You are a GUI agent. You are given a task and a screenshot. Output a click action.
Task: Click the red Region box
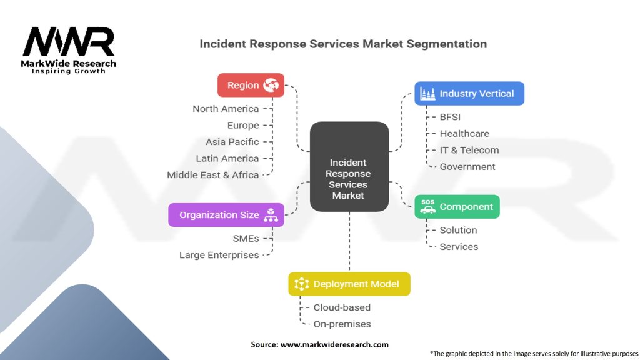click(251, 85)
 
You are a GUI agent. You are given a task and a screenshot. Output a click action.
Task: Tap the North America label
click(226, 109)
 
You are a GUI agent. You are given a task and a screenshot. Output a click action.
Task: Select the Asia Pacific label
click(232, 142)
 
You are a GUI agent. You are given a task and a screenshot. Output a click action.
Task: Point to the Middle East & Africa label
click(212, 175)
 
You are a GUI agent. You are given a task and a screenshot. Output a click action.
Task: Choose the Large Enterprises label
click(219, 255)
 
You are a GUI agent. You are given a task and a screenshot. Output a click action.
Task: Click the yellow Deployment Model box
click(349, 284)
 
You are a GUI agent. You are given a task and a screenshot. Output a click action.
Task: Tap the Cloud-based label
click(342, 307)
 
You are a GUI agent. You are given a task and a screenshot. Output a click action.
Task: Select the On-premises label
click(342, 324)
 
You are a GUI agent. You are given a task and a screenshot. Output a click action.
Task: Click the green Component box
click(457, 207)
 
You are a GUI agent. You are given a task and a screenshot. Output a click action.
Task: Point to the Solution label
click(458, 230)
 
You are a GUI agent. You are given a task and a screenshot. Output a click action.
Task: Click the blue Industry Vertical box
click(469, 93)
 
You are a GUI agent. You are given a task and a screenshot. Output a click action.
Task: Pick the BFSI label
click(450, 117)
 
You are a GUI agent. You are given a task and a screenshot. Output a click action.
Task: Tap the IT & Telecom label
click(469, 150)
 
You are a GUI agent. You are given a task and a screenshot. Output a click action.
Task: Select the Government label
click(467, 167)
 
